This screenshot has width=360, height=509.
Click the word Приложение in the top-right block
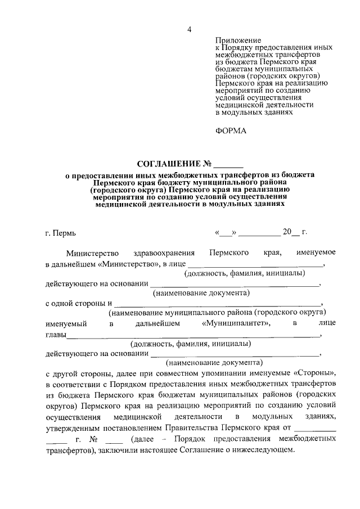click(x=238, y=40)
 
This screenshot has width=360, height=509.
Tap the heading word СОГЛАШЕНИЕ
click(x=169, y=164)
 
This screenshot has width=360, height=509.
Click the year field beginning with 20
click(x=291, y=232)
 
